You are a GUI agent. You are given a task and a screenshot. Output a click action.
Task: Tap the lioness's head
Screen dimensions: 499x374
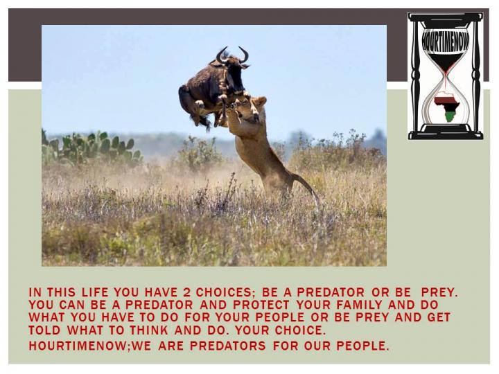pyautogui.click(x=254, y=109)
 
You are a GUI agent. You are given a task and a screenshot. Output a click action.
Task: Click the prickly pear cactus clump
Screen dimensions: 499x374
pyautogui.click(x=92, y=148)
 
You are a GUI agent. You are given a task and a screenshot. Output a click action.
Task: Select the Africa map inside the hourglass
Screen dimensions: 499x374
pyautogui.click(x=446, y=106)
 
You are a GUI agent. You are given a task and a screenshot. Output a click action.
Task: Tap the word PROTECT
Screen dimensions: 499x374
pyautogui.click(x=261, y=305)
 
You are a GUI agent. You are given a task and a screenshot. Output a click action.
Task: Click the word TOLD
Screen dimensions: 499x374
pyautogui.click(x=44, y=330)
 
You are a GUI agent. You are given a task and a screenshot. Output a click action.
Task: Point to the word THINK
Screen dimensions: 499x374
pyautogui.click(x=149, y=330)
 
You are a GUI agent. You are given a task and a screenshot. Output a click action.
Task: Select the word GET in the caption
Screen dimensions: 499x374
pyautogui.click(x=439, y=317)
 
